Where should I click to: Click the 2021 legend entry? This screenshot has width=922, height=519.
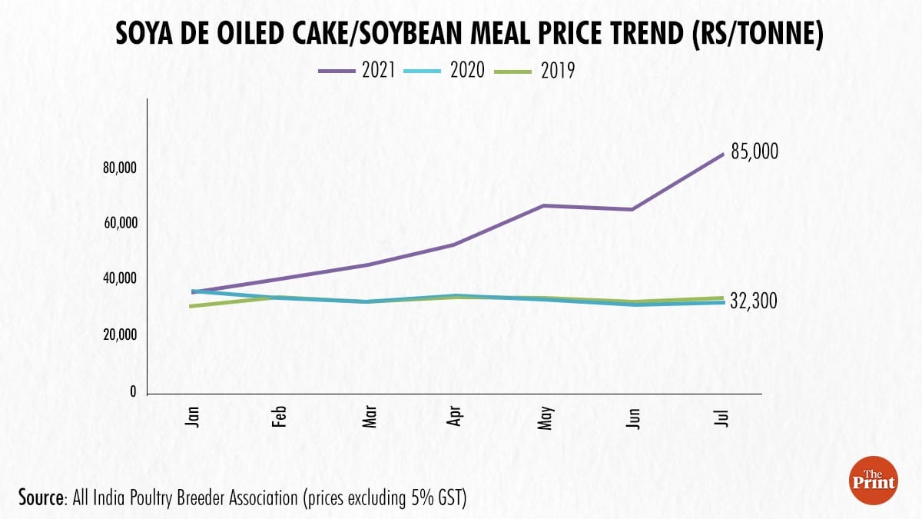(x=357, y=71)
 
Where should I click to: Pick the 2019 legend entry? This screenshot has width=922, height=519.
(x=539, y=71)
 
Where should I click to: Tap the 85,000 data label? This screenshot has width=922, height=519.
(x=755, y=152)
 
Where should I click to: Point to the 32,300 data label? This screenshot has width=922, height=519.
(x=755, y=301)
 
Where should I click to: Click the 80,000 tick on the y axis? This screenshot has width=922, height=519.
(x=120, y=168)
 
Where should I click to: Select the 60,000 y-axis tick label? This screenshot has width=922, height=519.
(x=120, y=223)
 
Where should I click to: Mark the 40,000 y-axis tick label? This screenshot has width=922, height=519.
(x=120, y=278)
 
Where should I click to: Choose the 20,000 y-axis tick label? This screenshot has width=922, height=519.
(x=120, y=335)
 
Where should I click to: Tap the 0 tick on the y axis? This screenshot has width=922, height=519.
(x=133, y=391)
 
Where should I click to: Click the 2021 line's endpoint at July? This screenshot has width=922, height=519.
(x=722, y=154)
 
